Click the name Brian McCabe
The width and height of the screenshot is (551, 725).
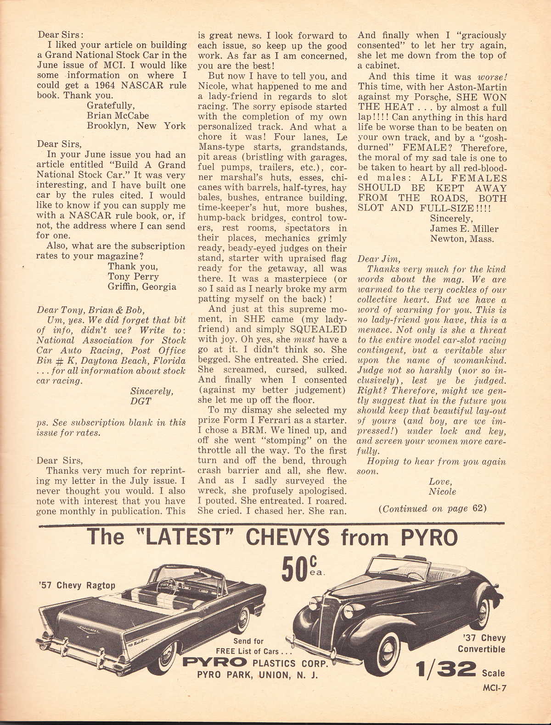118,116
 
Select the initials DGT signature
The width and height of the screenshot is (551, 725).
141,401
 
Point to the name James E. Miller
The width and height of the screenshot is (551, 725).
464,228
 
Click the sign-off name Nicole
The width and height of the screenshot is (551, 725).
442,492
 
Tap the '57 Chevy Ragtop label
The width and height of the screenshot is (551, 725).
77,585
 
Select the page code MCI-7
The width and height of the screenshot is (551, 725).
494,687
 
